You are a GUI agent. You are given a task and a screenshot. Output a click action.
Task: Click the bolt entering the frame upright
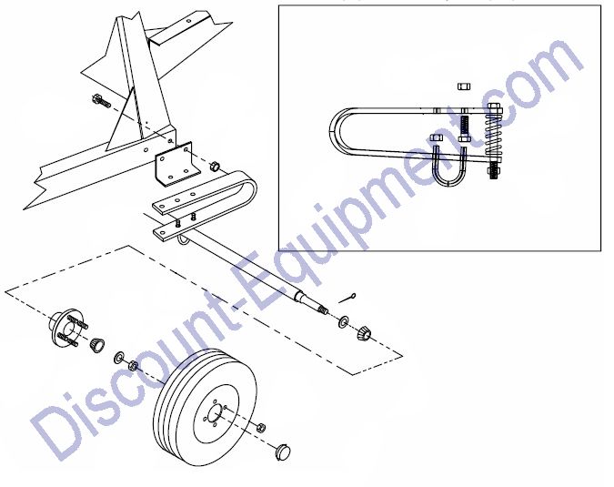point(101,101)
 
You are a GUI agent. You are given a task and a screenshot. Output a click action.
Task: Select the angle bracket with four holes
point(178,165)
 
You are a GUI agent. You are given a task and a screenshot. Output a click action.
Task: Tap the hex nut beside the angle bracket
point(215,167)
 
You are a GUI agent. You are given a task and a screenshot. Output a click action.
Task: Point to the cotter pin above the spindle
point(347,298)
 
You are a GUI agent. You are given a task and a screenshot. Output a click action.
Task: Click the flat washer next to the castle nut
point(343,322)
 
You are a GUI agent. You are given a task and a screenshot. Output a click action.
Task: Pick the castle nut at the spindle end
point(364,332)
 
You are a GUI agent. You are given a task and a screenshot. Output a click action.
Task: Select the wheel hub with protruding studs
point(67,329)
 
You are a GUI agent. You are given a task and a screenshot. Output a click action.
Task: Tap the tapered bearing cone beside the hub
point(96,345)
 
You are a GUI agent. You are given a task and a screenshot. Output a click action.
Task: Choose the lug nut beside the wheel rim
point(262,427)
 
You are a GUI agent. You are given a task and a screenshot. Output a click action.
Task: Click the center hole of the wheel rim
point(214,414)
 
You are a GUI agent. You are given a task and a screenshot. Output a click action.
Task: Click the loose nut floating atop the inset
point(464,86)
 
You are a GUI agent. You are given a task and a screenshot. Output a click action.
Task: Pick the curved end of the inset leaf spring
point(337,131)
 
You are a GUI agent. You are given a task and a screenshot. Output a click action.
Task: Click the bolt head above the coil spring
point(494,108)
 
